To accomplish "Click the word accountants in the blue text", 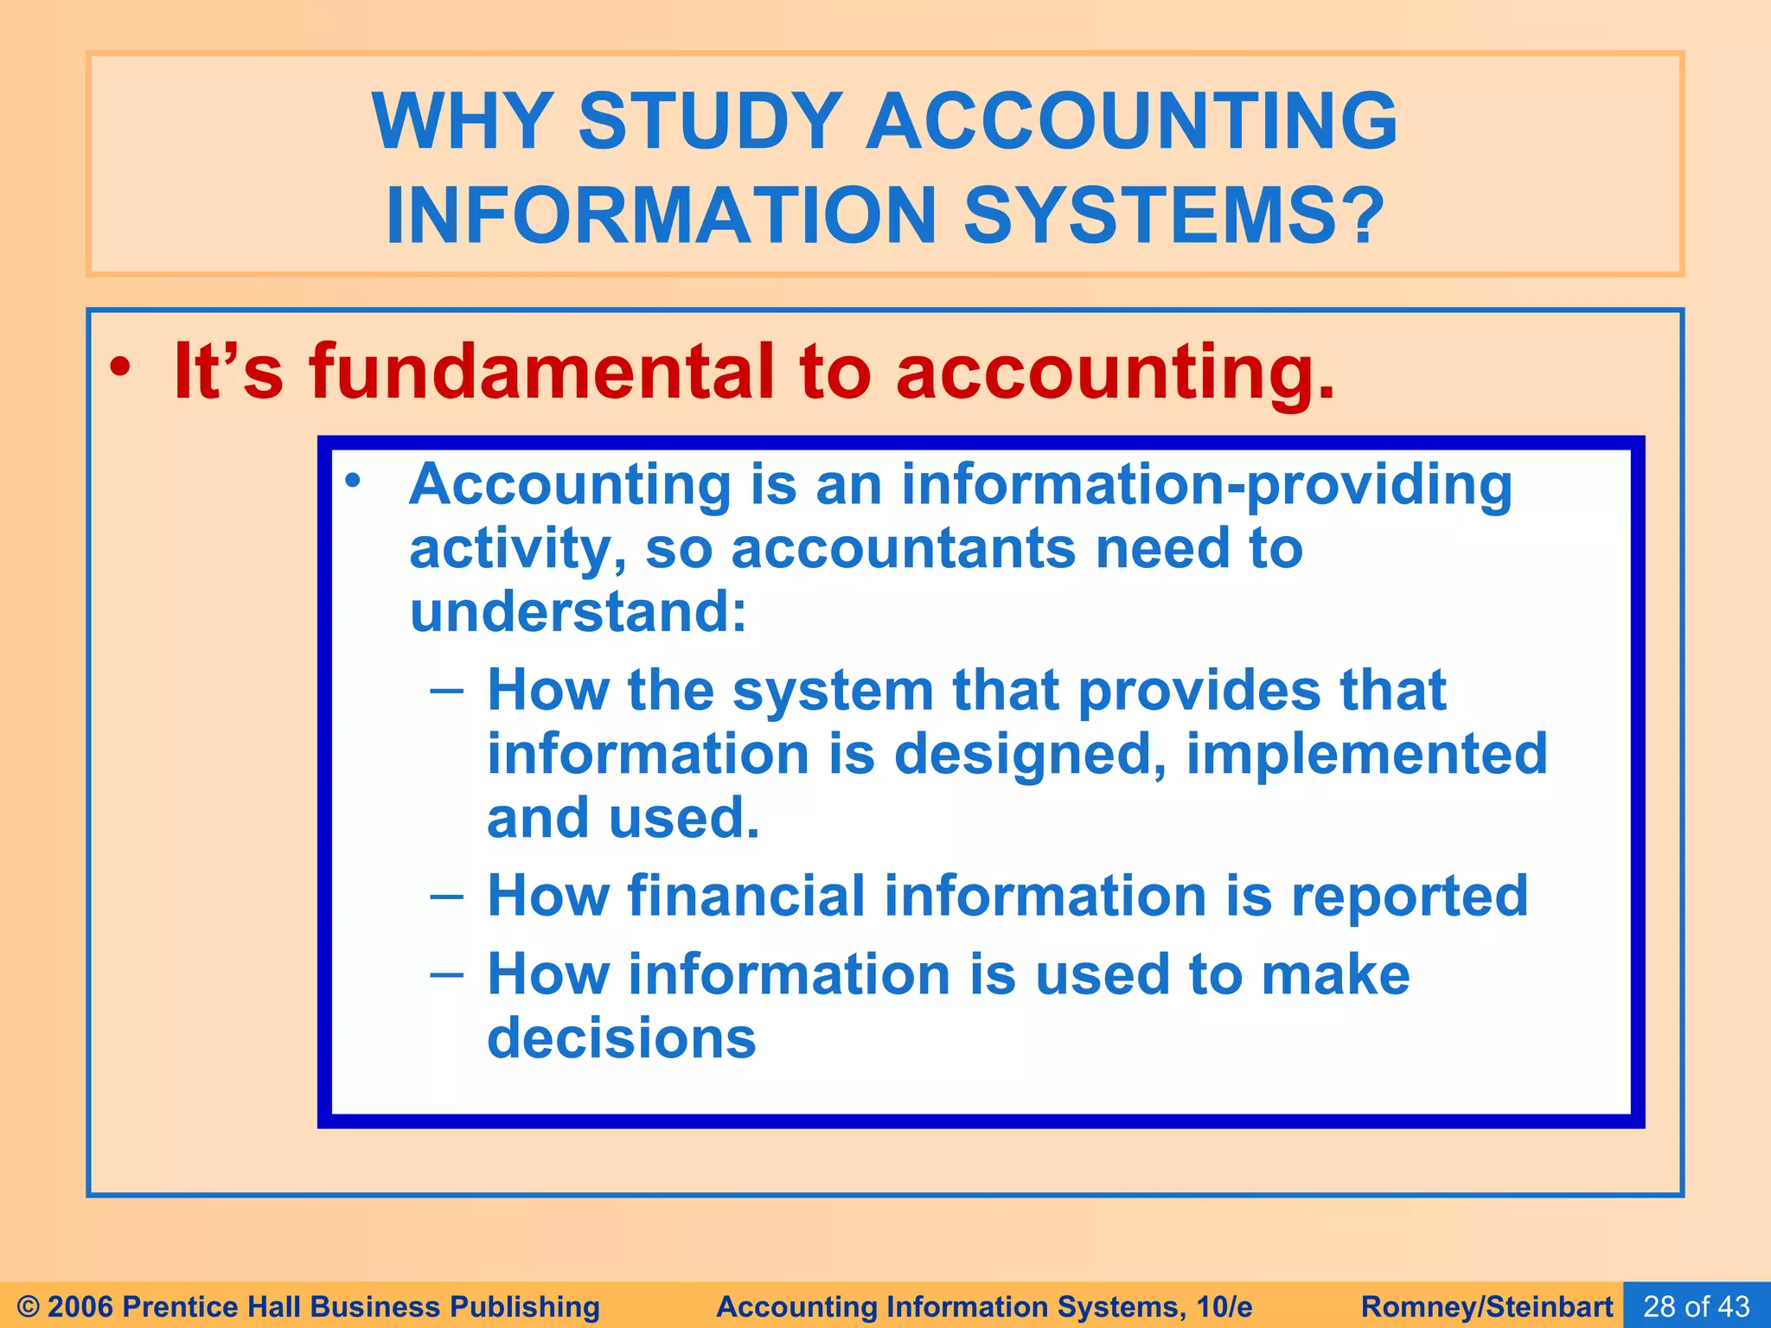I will click(903, 548).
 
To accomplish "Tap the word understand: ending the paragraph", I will click(578, 612).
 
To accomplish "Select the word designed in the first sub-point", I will click(1029, 754).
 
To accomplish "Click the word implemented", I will click(1366, 754).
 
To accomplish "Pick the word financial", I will click(746, 896).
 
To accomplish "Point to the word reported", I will click(1410, 896).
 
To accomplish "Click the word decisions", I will click(622, 1037).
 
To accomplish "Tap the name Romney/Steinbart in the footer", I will click(1486, 1306).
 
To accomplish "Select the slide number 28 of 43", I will click(1696, 1306).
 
